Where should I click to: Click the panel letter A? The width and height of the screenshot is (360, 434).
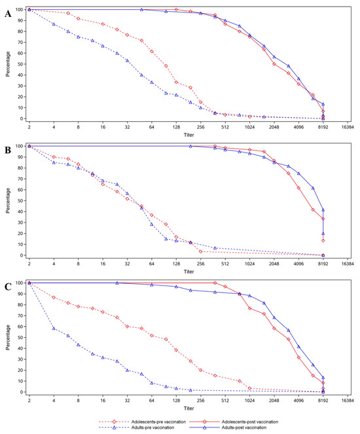pyautogui.click(x=8, y=14)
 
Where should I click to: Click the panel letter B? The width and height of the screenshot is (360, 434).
pyautogui.click(x=8, y=150)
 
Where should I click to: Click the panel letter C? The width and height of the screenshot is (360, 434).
pyautogui.click(x=8, y=287)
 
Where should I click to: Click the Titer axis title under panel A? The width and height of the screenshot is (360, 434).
pyautogui.click(x=189, y=135)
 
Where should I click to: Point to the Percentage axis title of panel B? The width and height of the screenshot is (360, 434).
pyautogui.click(x=8, y=201)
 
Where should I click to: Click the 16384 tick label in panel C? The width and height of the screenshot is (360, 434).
pyautogui.click(x=348, y=401)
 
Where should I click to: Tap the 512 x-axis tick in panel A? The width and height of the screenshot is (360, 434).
pyautogui.click(x=225, y=127)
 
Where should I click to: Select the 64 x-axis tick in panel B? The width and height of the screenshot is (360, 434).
pyautogui.click(x=152, y=264)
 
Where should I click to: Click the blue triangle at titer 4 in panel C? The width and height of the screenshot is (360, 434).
pyautogui.click(x=54, y=328)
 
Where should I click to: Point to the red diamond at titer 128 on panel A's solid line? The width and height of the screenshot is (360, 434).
pyautogui.click(x=176, y=9)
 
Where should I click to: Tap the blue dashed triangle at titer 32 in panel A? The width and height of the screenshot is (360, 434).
pyautogui.click(x=127, y=60)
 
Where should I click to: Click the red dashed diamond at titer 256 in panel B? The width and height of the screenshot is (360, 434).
pyautogui.click(x=200, y=251)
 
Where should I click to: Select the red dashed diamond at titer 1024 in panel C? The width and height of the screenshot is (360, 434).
pyautogui.click(x=249, y=388)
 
